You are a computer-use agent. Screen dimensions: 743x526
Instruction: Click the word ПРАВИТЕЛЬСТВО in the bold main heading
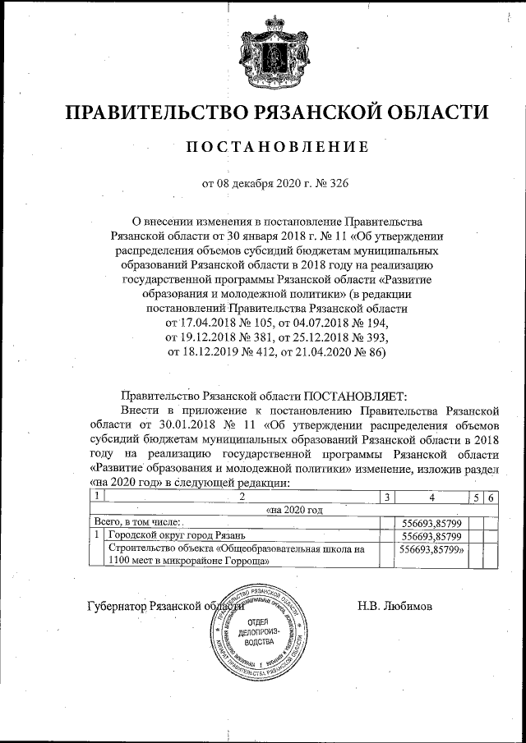tap(157, 112)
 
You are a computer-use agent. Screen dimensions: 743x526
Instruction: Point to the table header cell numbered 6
tap(490, 498)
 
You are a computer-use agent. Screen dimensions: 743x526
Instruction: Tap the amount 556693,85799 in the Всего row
tap(429, 522)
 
